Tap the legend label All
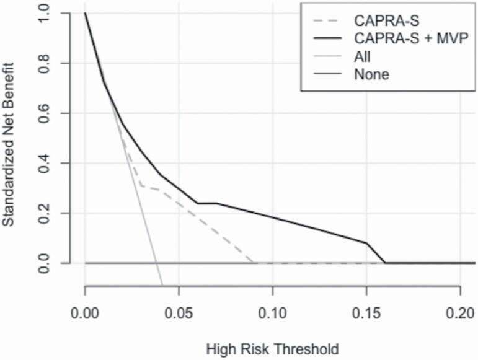pos(363,57)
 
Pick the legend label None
pos(371,76)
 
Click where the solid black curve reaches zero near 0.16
pos(385,263)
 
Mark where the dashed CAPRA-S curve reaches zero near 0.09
pos(254,263)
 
